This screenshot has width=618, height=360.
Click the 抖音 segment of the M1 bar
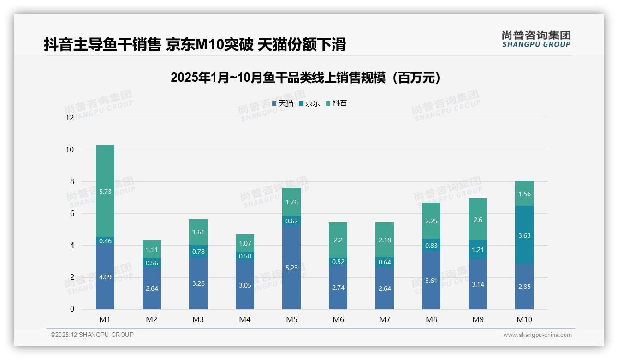(105, 191)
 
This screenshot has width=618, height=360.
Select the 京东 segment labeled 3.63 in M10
(524, 235)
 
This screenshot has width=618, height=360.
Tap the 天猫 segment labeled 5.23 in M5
(291, 267)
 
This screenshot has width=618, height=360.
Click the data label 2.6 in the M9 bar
(478, 220)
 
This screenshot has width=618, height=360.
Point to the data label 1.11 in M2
(152, 250)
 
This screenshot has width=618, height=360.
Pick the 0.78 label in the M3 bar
(198, 251)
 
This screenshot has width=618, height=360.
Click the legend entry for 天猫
(283, 103)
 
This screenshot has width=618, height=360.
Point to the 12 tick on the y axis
(70, 118)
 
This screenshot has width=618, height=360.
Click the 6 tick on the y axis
(71, 213)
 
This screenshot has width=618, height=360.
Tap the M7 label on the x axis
(385, 319)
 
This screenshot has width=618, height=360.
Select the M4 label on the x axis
(245, 319)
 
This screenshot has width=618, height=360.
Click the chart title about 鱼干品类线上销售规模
(305, 78)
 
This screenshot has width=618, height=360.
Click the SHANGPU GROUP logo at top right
(536, 39)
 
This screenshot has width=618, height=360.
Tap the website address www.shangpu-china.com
(537, 335)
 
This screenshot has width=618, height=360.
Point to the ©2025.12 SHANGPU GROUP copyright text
(92, 335)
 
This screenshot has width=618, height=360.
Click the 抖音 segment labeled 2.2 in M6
(338, 240)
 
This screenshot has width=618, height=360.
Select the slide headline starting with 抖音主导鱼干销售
(195, 45)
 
